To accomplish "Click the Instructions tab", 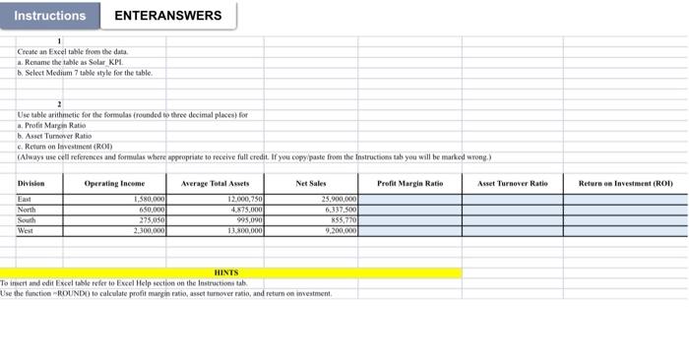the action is [50, 16].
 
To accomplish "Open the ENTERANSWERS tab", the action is [167, 16].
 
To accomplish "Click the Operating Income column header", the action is [114, 184].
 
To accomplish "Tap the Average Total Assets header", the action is [215, 184].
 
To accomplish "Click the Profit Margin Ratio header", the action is [410, 184].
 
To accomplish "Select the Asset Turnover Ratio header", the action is [512, 184].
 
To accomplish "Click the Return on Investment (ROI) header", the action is [625, 184].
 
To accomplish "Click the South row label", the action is [27, 219].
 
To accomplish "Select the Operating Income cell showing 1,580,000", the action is [149, 200].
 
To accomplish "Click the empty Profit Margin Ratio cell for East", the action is [410, 200].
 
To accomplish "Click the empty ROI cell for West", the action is [625, 230].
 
